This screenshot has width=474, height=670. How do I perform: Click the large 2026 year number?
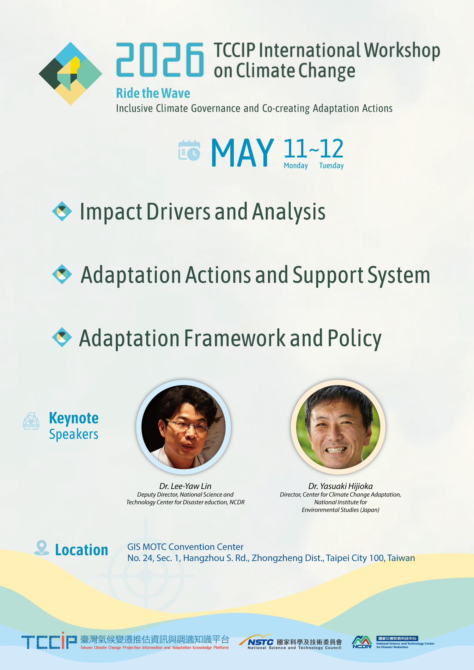pyautogui.click(x=160, y=60)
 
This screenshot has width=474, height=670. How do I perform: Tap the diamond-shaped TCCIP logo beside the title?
pyautogui.click(x=70, y=74)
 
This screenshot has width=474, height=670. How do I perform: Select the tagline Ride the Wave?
pyautogui.click(x=153, y=93)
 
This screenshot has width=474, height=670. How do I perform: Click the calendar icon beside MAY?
pyautogui.click(x=189, y=150)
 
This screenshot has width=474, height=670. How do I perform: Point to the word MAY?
pyautogui.click(x=242, y=153)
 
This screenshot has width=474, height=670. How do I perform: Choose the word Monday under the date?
pyautogui.click(x=296, y=166)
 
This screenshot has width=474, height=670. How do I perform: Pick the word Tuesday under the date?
pyautogui.click(x=331, y=166)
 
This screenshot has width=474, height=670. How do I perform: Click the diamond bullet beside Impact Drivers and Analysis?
pyautogui.click(x=62, y=211)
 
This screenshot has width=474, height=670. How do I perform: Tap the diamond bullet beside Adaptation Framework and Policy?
pyautogui.click(x=62, y=337)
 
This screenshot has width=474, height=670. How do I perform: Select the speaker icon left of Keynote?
pyautogui.click(x=31, y=421)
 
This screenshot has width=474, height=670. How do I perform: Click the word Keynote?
pyautogui.click(x=74, y=418)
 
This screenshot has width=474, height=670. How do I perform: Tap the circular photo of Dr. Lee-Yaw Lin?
pyautogui.click(x=184, y=427)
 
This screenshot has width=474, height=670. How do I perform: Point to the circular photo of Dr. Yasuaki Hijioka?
pyautogui.click(x=338, y=427)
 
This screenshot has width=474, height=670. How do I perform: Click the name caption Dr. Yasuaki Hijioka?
pyautogui.click(x=341, y=486)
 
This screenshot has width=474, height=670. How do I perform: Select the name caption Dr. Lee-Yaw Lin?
pyautogui.click(x=185, y=486)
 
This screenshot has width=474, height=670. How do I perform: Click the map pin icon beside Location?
pyautogui.click(x=41, y=548)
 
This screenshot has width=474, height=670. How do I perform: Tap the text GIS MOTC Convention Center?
pyautogui.click(x=185, y=547)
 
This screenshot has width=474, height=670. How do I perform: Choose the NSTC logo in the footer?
pyautogui.click(x=290, y=642)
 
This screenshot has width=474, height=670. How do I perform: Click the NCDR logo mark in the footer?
pyautogui.click(x=362, y=642)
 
